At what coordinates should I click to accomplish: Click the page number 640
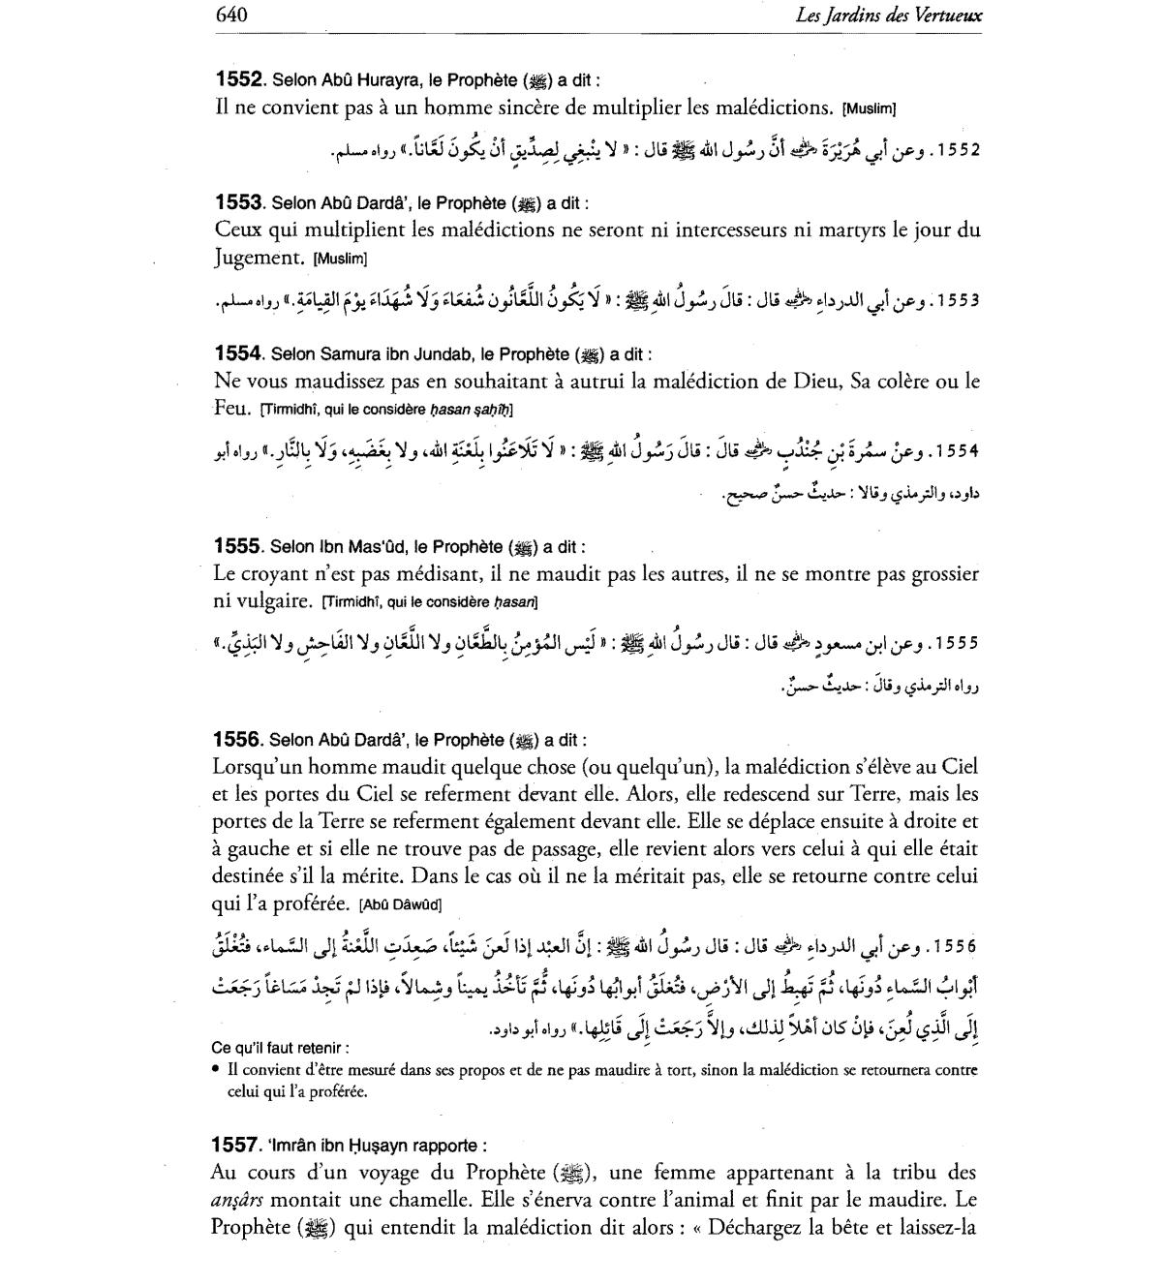[x=231, y=15]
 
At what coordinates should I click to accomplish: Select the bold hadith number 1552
[x=238, y=79]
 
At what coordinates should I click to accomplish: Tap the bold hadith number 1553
[x=238, y=203]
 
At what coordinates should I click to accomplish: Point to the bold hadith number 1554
[x=238, y=354]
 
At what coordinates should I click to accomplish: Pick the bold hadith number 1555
[x=238, y=547]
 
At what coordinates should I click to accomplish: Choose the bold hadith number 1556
[x=238, y=740]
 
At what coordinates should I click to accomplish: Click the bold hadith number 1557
[x=235, y=1146]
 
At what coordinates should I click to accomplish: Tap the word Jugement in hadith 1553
[x=259, y=258]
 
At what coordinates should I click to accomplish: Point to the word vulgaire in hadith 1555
[x=264, y=601]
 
